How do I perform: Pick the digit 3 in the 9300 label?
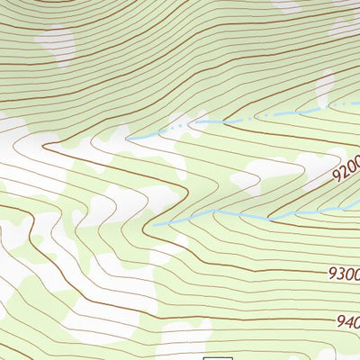point(336,271)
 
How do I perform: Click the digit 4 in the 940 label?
point(351,320)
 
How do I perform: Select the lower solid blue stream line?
point(234,213)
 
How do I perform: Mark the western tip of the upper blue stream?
point(128,139)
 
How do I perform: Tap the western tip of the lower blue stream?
point(153,224)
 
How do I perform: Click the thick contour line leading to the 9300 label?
point(270,268)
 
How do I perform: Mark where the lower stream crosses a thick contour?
point(271,218)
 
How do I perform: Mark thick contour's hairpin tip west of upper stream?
point(45,141)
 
